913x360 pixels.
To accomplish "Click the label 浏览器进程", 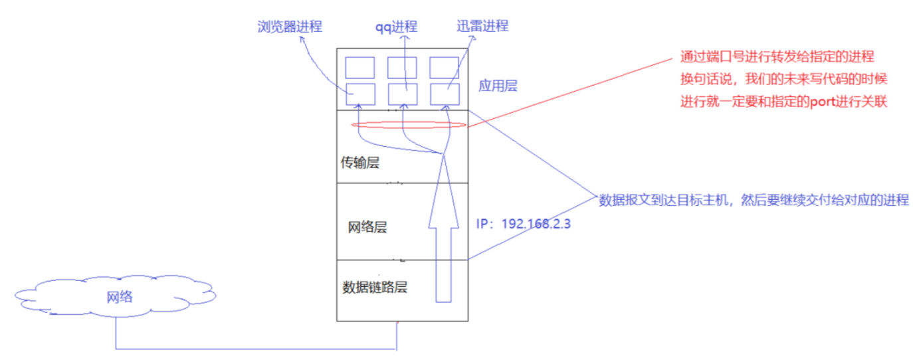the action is [x=290, y=27].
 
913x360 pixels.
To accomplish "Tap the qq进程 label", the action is [x=396, y=27].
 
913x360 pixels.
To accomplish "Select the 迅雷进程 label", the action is [x=482, y=26].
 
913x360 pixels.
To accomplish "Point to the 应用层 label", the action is [x=498, y=86].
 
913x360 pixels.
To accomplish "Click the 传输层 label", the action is [x=360, y=163].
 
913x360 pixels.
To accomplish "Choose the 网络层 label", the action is [x=367, y=227].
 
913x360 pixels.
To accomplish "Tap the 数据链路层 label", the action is [x=375, y=287].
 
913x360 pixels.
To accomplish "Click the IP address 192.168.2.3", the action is [x=536, y=224].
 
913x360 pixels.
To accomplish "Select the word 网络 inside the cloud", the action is [x=120, y=297].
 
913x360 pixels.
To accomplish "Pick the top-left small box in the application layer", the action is [x=360, y=68].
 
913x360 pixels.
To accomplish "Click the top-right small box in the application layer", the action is [x=445, y=68].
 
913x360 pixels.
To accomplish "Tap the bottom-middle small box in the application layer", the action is [x=403, y=94].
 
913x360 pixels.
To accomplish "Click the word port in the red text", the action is [x=823, y=102].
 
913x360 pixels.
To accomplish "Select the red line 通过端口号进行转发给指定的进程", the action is [x=777, y=56].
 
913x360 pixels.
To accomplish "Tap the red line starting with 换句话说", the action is [x=784, y=78].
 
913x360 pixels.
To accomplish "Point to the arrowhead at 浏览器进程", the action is [x=302, y=39].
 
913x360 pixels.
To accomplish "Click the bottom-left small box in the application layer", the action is [x=360, y=94].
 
